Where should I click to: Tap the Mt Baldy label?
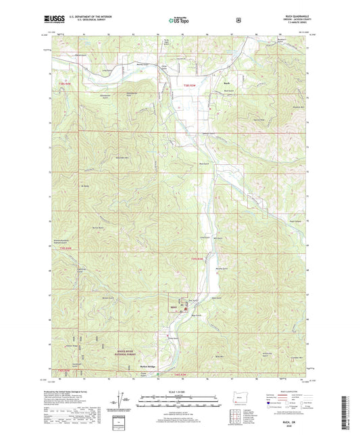[85, 185]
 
